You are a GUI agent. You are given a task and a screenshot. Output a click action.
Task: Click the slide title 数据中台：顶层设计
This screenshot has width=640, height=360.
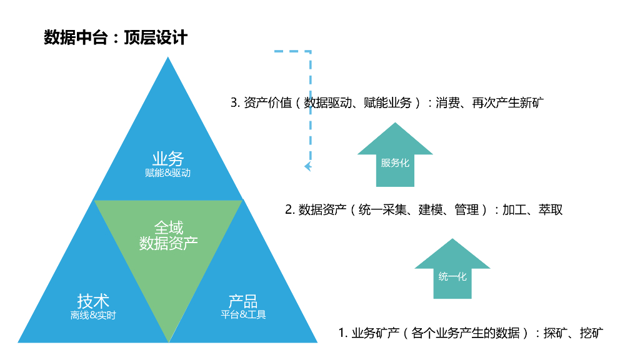point(116,37)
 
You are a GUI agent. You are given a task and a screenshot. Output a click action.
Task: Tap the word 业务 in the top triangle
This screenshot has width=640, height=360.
point(167,159)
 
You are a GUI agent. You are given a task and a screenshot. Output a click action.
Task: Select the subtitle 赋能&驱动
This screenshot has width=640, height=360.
point(167,173)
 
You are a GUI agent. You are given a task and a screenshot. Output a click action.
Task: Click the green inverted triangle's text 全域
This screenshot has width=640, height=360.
point(169,227)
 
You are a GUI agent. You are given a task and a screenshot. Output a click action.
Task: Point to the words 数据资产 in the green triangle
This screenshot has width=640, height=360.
point(169,243)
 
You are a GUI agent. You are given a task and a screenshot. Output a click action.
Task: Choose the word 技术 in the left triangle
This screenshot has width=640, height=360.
point(93,301)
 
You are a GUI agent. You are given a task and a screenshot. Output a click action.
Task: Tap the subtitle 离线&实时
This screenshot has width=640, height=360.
point(93,315)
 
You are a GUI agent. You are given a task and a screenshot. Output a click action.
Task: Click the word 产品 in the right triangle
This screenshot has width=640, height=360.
point(243,301)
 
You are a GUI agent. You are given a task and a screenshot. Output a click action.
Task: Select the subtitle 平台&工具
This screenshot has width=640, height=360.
point(243,314)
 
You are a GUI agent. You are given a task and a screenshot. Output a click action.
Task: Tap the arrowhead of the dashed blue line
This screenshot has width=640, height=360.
point(307,166)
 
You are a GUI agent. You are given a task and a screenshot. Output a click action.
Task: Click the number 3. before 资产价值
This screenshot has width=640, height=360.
point(235,102)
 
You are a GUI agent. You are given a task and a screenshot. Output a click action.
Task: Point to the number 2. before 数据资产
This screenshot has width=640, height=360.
point(289,210)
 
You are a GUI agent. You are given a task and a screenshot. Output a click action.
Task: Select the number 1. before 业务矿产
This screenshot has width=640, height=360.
point(342,332)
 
